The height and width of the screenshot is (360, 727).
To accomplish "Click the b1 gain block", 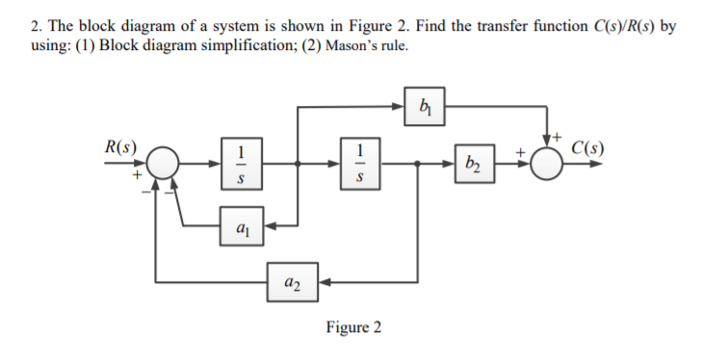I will click(x=427, y=105).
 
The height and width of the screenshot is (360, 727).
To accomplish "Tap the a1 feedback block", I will click(x=241, y=227).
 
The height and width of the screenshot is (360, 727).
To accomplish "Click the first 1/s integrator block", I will click(x=241, y=164).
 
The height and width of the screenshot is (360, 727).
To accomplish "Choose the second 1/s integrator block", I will click(x=358, y=164).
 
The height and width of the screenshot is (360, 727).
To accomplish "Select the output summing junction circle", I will click(x=550, y=164).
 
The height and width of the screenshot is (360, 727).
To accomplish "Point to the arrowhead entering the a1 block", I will click(x=268, y=227).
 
